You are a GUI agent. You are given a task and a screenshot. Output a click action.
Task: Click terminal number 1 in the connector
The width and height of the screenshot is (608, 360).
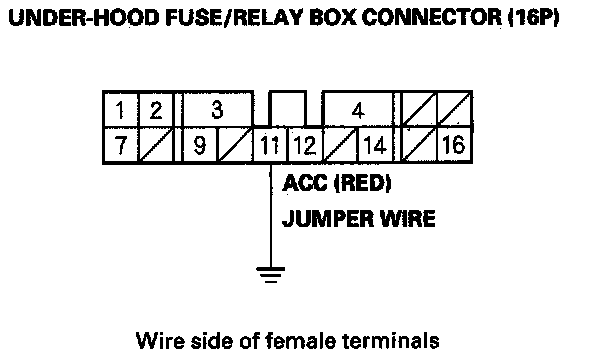click(x=120, y=109)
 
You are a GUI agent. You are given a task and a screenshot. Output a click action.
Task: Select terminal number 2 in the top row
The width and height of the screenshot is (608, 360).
click(x=155, y=109)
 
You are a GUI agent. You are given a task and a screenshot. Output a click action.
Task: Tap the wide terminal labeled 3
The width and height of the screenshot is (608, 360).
click(x=218, y=109)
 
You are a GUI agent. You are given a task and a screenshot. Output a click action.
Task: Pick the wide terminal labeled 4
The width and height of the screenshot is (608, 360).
click(x=358, y=110)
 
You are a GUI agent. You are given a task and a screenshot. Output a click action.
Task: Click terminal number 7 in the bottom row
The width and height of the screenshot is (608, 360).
click(x=120, y=145)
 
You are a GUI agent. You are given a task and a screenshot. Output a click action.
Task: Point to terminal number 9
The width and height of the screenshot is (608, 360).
click(x=199, y=145)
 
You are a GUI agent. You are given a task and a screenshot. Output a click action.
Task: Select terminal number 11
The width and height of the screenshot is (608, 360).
click(x=270, y=145)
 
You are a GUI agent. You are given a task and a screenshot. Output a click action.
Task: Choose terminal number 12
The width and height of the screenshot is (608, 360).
click(x=305, y=145)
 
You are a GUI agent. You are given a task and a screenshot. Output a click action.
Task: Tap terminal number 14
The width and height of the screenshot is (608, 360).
click(x=375, y=145)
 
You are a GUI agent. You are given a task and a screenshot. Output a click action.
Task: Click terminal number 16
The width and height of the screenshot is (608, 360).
click(x=454, y=145)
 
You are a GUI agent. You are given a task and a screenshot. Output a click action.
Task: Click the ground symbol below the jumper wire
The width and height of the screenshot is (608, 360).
click(x=271, y=275)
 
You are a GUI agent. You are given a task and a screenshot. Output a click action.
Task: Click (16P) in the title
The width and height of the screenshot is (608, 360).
click(x=534, y=17)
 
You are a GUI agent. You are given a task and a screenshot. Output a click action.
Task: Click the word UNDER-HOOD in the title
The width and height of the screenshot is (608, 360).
click(x=84, y=17)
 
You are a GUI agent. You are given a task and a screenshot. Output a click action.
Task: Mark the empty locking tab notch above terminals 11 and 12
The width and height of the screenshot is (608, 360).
click(x=288, y=109)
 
